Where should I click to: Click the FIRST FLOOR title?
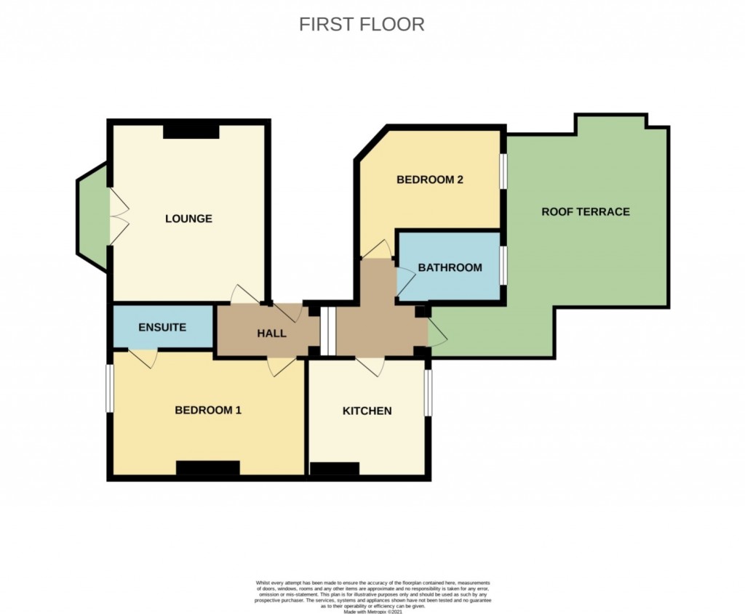coord(362,24)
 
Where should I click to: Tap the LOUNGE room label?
coord(188,218)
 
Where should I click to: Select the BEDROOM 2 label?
coord(430,180)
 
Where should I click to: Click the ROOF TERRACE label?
coord(585,211)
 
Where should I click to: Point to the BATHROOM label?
coord(450,267)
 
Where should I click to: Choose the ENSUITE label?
coord(162,327)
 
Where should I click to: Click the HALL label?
coord(271,334)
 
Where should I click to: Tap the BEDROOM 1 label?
coord(208,410)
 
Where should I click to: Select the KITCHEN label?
coord(367,411)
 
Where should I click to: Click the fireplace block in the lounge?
coord(191,131)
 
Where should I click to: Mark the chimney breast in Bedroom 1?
coord(207,468)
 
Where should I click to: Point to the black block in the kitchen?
coord(334,469)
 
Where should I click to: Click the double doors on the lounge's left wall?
coord(116,217)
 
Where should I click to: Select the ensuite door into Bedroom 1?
coord(143,358)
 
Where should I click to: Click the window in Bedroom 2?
coord(503,171)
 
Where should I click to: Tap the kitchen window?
coord(428,392)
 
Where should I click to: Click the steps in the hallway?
coord(328,332)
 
